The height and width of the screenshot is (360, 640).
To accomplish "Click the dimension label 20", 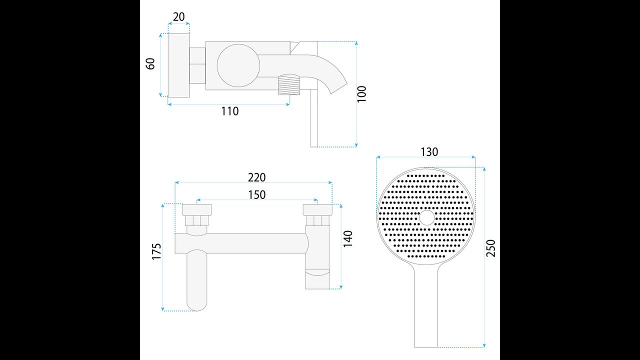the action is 179,17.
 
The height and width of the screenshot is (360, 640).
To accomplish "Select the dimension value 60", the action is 150,63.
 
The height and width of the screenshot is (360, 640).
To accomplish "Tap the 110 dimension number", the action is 229,111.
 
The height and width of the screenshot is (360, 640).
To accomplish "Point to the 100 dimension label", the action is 361,93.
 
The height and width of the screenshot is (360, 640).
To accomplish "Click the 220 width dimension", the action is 256,177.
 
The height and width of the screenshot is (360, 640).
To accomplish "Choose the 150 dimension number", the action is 257,195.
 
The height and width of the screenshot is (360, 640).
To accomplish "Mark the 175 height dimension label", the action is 156,251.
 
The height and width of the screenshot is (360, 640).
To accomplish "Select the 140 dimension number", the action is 347,239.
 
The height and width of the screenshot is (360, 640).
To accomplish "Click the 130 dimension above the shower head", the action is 429,152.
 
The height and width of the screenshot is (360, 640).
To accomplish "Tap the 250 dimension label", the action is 490,248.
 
